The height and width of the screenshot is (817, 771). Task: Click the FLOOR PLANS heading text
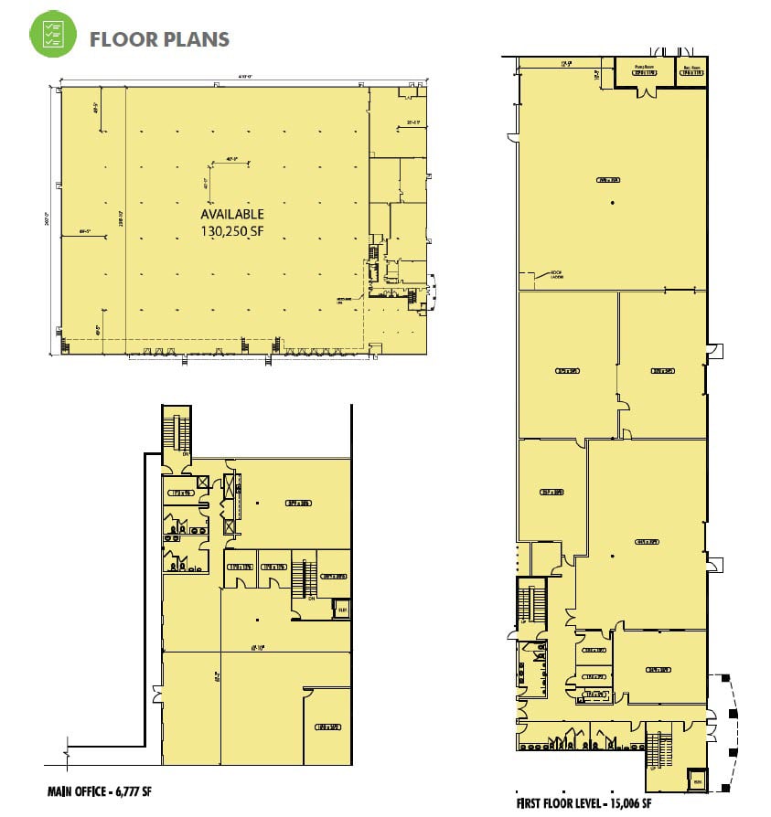point(159,39)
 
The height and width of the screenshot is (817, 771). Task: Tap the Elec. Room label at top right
point(691,68)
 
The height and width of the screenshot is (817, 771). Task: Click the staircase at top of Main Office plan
point(173,429)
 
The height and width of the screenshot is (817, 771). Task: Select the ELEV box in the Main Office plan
point(342,608)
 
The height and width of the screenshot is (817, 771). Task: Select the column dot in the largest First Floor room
point(611,202)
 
